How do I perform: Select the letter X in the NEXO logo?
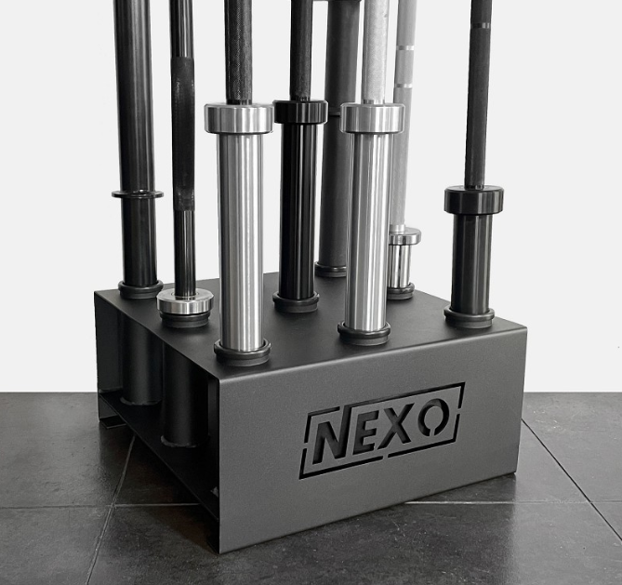click(396, 427)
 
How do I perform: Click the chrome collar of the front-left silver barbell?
click(239, 117)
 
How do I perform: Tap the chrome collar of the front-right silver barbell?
click(373, 117)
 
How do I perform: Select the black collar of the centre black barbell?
click(300, 111)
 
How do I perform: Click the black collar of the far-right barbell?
click(473, 200)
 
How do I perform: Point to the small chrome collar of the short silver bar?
click(405, 235)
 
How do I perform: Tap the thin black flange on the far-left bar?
click(138, 194)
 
